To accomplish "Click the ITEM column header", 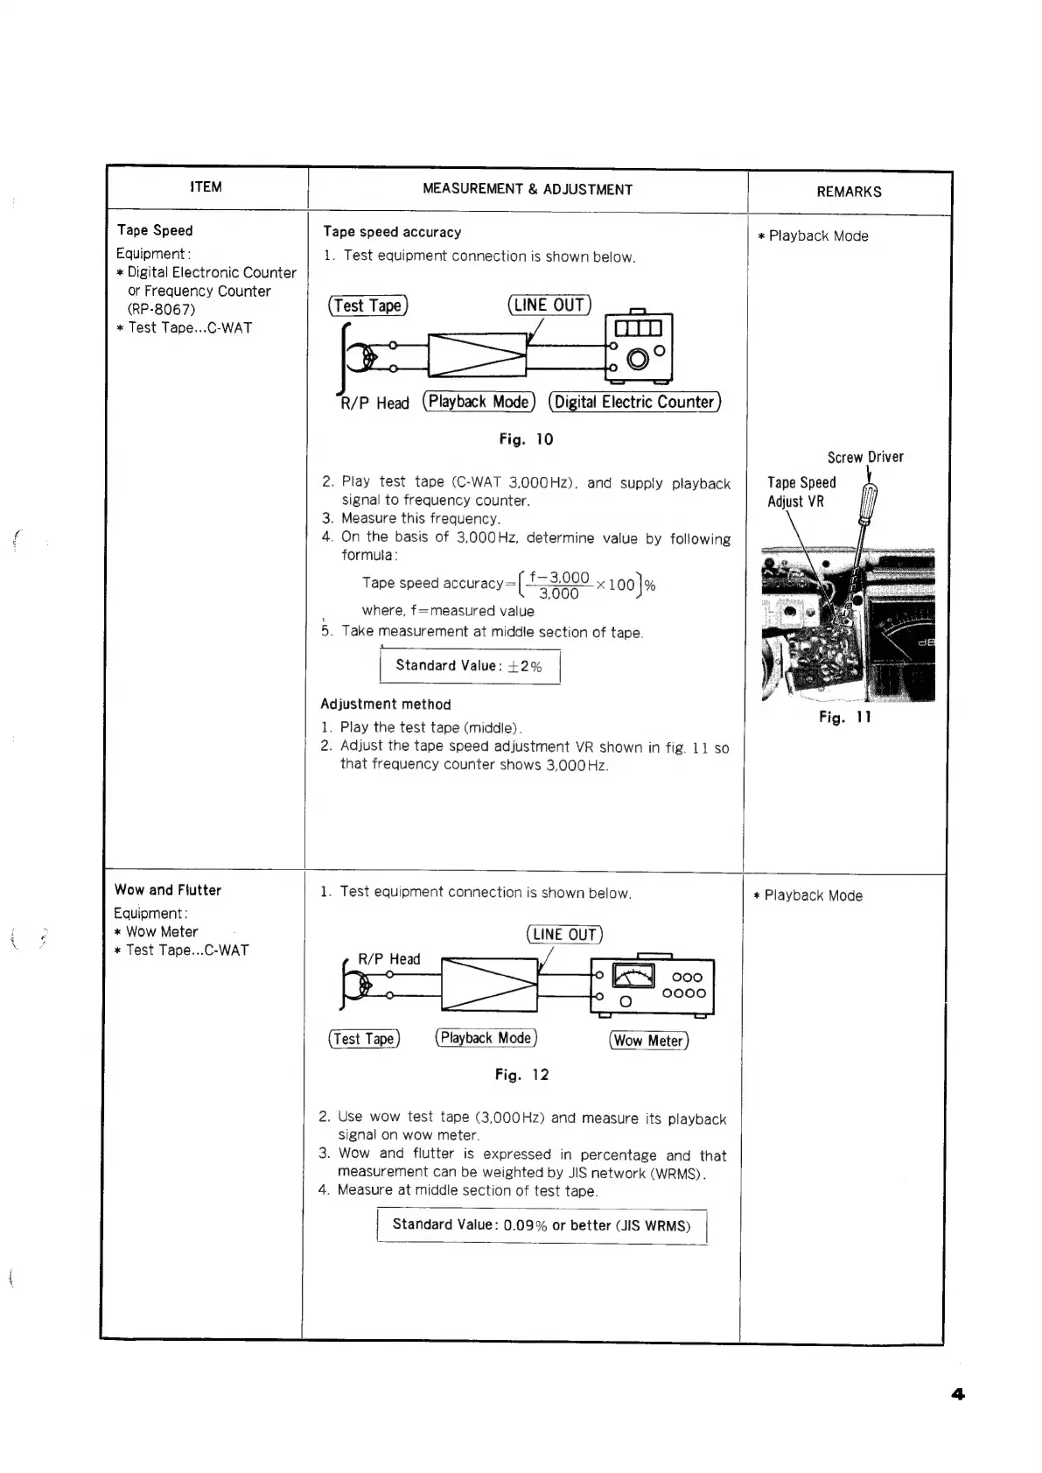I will pyautogui.click(x=206, y=186).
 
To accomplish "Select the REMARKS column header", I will pyautogui.click(x=849, y=192).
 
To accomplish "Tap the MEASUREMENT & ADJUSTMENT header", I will pyautogui.click(x=527, y=189).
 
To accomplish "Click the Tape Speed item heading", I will pyautogui.click(x=155, y=230).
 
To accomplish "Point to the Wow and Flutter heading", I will pyautogui.click(x=168, y=890).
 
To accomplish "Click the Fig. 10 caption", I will pyautogui.click(x=526, y=439).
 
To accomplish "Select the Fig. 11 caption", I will pyautogui.click(x=844, y=718).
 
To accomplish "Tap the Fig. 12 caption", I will pyautogui.click(x=521, y=1075).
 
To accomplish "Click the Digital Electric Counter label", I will pyautogui.click(x=634, y=402).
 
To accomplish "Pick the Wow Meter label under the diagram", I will pyautogui.click(x=648, y=1041).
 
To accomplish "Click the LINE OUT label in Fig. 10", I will pyautogui.click(x=549, y=305).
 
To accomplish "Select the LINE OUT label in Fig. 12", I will pyautogui.click(x=564, y=935).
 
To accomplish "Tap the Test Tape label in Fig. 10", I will pyautogui.click(x=367, y=305).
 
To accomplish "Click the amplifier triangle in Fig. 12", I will pyautogui.click(x=489, y=985).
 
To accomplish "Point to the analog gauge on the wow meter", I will pyautogui.click(x=633, y=975).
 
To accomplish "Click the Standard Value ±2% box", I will pyautogui.click(x=470, y=666).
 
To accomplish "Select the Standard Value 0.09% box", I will pyautogui.click(x=542, y=1225).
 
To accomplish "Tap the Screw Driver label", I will pyautogui.click(x=865, y=457).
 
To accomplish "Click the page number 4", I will pyautogui.click(x=958, y=1394).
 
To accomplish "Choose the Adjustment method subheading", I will pyautogui.click(x=386, y=705).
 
